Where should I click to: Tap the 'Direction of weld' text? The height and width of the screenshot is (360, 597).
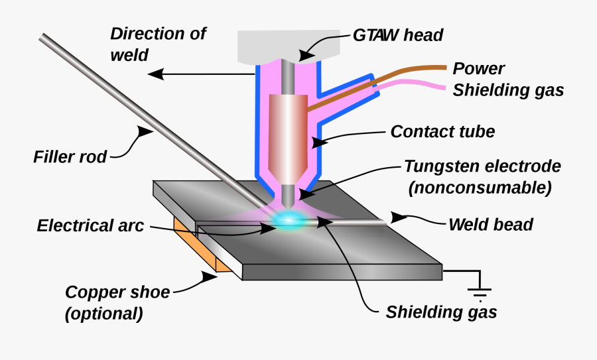coord(157,43)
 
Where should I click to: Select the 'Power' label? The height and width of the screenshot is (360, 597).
coord(478,69)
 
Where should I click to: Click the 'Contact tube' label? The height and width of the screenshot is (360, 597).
coord(442,131)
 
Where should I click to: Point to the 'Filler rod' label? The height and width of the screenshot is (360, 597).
coord(70,158)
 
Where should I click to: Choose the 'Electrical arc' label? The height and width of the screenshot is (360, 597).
coord(90,225)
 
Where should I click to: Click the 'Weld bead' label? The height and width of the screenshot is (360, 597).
coord(490,224)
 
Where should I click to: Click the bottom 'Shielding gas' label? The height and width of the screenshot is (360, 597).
coord(441,311)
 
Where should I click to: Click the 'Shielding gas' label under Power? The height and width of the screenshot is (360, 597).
coord(508,90)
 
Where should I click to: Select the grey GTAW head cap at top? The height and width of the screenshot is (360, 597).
coord(289,43)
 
